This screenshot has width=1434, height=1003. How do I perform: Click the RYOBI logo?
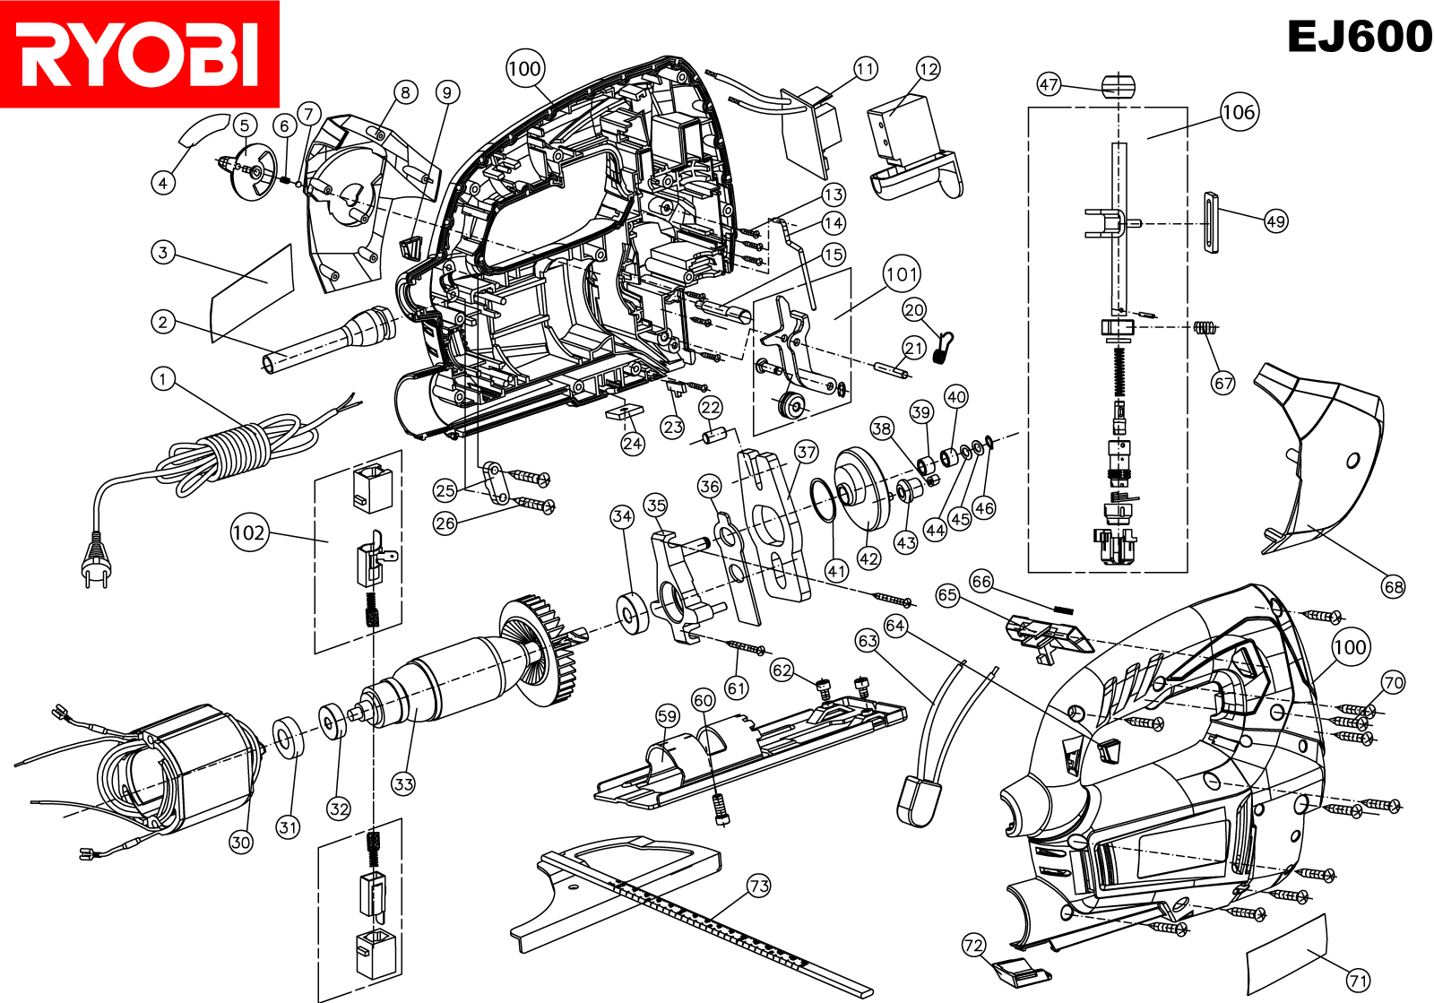pyautogui.click(x=139, y=54)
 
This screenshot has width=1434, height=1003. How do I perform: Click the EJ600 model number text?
pyautogui.click(x=1359, y=37)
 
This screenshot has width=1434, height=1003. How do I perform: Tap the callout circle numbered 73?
pyautogui.click(x=759, y=886)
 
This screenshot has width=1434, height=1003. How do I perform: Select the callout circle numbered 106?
pyautogui.click(x=1240, y=112)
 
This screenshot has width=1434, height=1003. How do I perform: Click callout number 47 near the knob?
pyautogui.click(x=1049, y=84)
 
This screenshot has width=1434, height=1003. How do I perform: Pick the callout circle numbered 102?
pyautogui.click(x=249, y=532)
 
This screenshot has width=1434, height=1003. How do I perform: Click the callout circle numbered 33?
pyautogui.click(x=403, y=783)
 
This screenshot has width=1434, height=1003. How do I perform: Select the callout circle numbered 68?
pyautogui.click(x=1393, y=587)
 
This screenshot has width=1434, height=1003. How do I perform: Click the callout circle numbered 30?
pyautogui.click(x=240, y=842)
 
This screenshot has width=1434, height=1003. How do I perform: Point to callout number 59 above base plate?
pyautogui.click(x=667, y=715)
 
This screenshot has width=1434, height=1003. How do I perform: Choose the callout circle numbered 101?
pyautogui.click(x=902, y=274)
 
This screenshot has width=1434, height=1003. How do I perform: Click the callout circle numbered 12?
pyautogui.click(x=929, y=69)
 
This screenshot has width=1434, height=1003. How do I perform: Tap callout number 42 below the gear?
pyautogui.click(x=868, y=558)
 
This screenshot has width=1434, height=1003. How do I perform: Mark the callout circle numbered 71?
pyautogui.click(x=1359, y=981)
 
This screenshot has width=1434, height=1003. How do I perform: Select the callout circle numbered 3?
pyautogui.click(x=162, y=252)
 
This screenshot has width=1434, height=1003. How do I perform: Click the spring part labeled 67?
pyautogui.click(x=1204, y=328)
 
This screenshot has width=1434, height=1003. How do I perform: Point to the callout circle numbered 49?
pyautogui.click(x=1275, y=220)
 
